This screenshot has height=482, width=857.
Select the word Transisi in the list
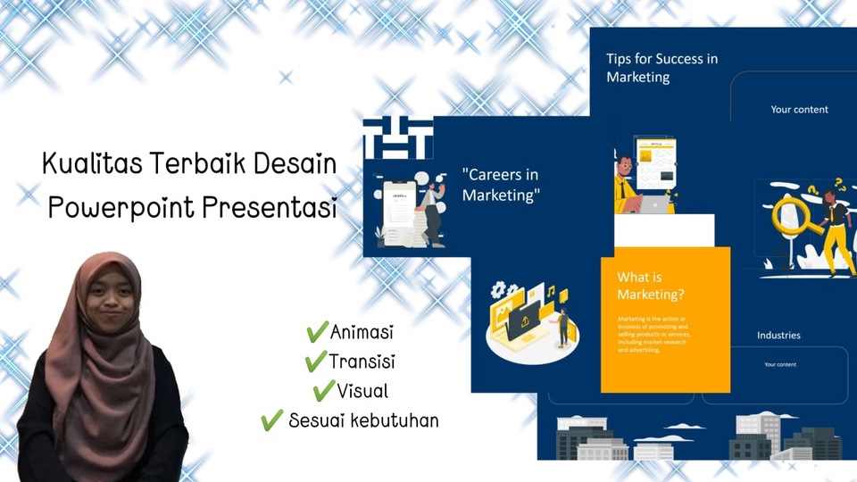(362, 362)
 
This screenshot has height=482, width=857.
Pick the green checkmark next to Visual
(323, 391)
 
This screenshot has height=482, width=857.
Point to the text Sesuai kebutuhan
(363, 420)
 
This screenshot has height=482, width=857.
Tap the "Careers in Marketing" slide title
(501, 185)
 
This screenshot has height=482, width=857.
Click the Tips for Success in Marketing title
(661, 68)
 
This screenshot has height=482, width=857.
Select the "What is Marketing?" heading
(651, 286)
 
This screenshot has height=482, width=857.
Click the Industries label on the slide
(778, 336)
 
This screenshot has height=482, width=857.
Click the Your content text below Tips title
(799, 110)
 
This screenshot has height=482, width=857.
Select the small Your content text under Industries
(779, 364)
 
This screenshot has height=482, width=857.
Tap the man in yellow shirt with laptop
(628, 185)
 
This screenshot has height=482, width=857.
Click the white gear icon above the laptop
(498, 291)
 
